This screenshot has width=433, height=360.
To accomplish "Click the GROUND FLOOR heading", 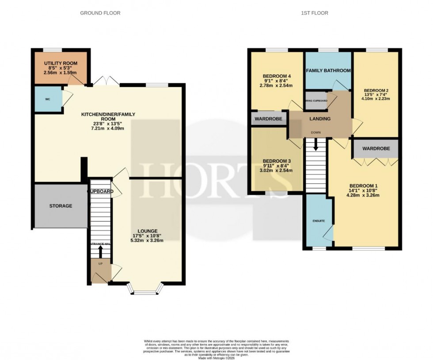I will [100, 13].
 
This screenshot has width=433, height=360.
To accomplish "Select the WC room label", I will [47, 99].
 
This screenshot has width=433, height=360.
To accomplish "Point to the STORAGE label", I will [61, 206].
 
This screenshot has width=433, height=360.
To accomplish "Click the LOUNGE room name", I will [148, 231].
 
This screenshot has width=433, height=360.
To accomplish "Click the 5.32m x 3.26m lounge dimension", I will [148, 241].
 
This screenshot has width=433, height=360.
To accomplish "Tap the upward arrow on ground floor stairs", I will [100, 251].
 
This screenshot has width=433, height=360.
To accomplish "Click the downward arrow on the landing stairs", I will [315, 145].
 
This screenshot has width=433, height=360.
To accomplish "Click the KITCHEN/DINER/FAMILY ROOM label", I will [108, 117].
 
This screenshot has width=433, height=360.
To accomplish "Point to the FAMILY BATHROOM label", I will [328, 71].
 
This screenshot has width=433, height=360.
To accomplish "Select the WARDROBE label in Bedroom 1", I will [376, 149].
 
